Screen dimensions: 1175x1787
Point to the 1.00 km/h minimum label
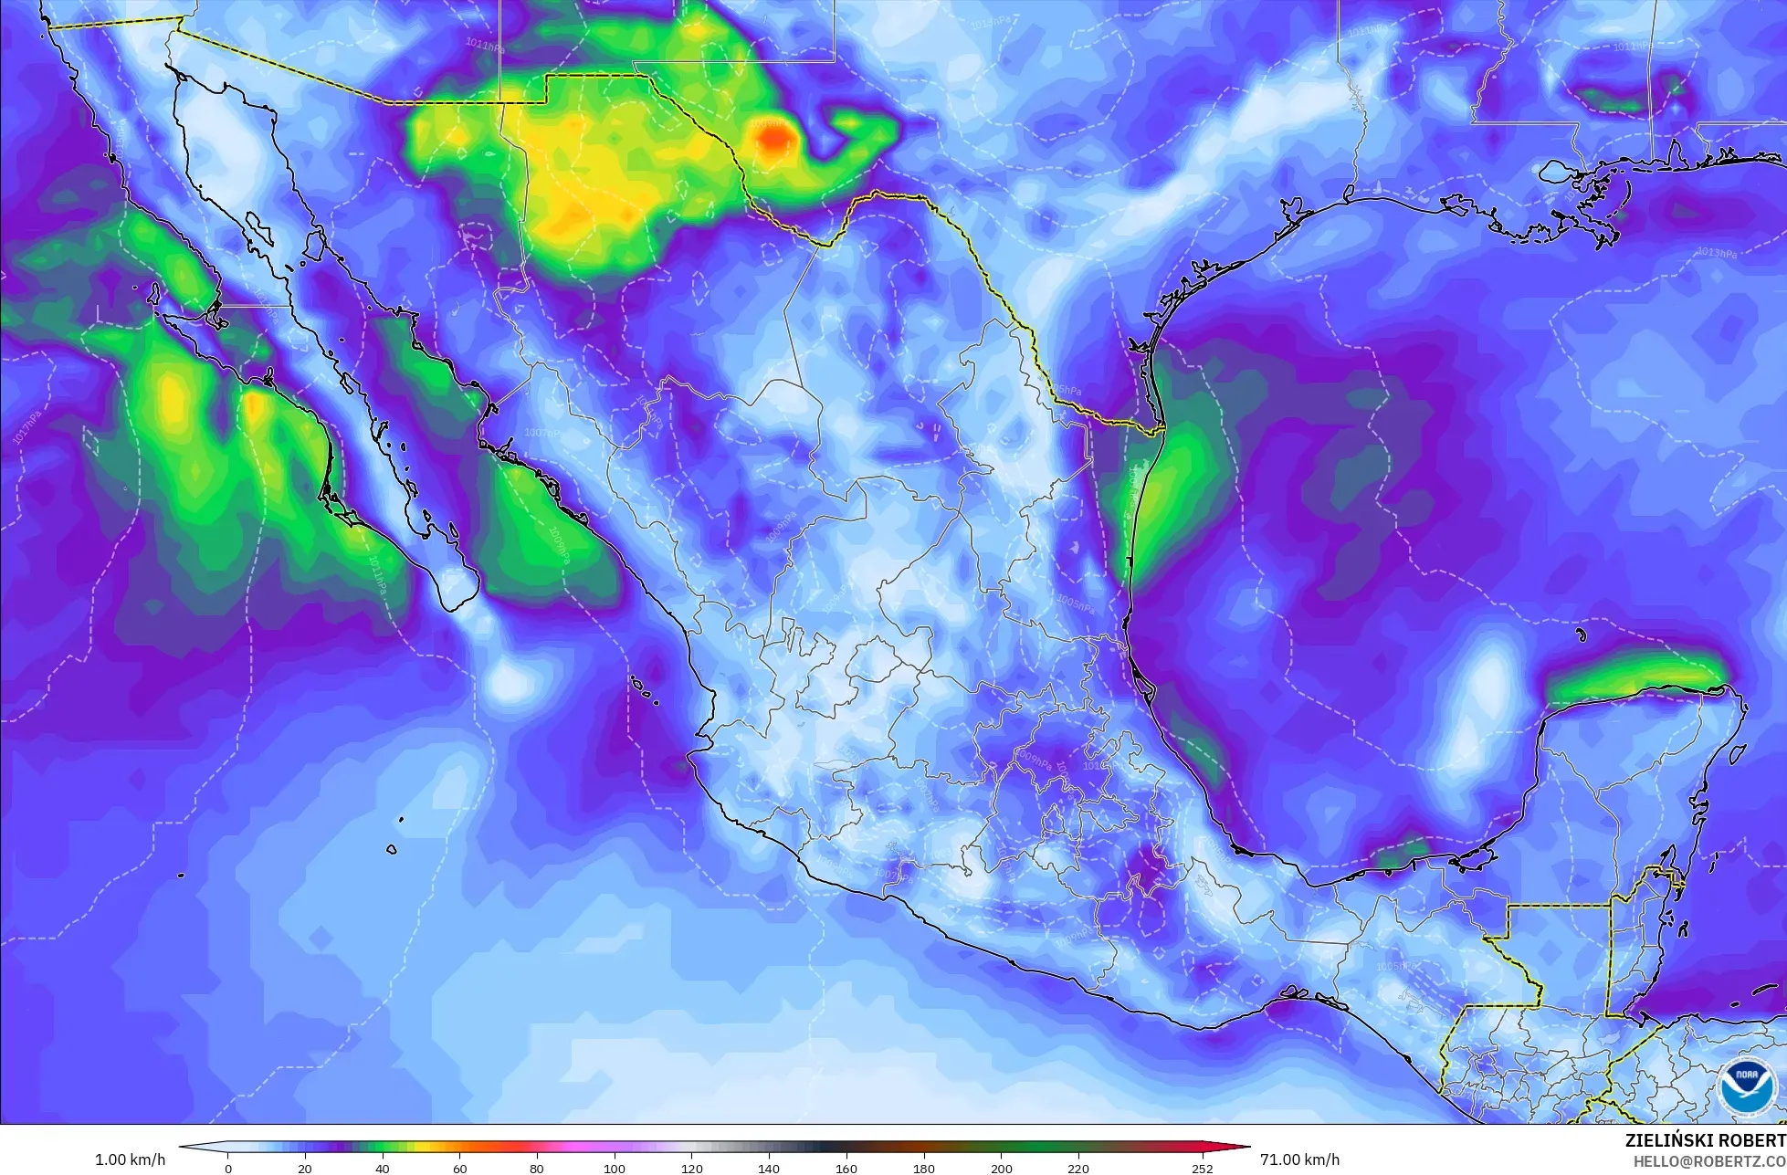tap(131, 1159)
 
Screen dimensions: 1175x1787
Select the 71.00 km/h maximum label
tap(1300, 1159)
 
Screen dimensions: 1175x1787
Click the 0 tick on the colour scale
tap(228, 1168)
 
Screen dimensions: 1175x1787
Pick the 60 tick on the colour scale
tap(459, 1168)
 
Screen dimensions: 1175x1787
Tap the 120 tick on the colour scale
tap(691, 1168)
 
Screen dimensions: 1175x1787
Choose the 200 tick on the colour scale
tap(1001, 1168)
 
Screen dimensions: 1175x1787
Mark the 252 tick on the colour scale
tap(1202, 1168)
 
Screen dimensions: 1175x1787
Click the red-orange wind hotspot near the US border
tap(773, 139)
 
